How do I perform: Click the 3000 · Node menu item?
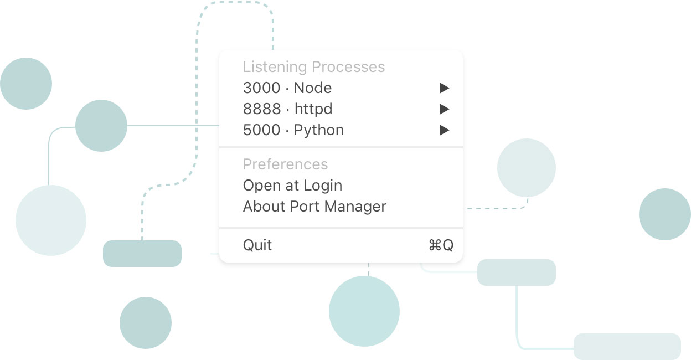coord(287,88)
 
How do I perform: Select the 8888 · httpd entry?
coord(287,109)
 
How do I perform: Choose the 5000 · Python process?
coord(293,130)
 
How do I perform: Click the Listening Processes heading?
coord(314,67)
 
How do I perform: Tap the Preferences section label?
coord(285,164)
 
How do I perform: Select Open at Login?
coord(292,186)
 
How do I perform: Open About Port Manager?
coord(314,207)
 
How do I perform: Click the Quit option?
coord(257,245)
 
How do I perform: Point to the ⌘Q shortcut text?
coord(441,245)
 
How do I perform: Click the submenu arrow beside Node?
coord(444,88)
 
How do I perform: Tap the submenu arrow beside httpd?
coord(444,109)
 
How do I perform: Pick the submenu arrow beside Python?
coord(444,130)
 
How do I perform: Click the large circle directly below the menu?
coord(364,311)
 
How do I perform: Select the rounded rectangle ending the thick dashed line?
coord(142,254)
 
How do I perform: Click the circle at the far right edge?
coord(664,214)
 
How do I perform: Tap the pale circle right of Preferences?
coord(526,168)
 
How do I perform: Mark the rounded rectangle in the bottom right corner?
coord(627,347)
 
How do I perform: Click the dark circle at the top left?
coord(26,84)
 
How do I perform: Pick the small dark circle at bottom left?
coord(146,323)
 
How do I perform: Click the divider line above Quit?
coord(341,228)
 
